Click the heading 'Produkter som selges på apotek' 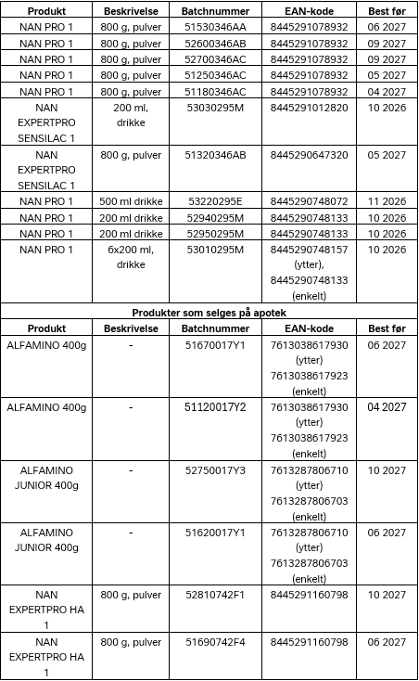[209, 313]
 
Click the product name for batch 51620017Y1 [46, 540]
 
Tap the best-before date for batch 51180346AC [387, 91]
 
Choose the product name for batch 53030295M [46, 123]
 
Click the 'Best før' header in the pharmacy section [387, 328]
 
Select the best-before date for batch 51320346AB [387, 155]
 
